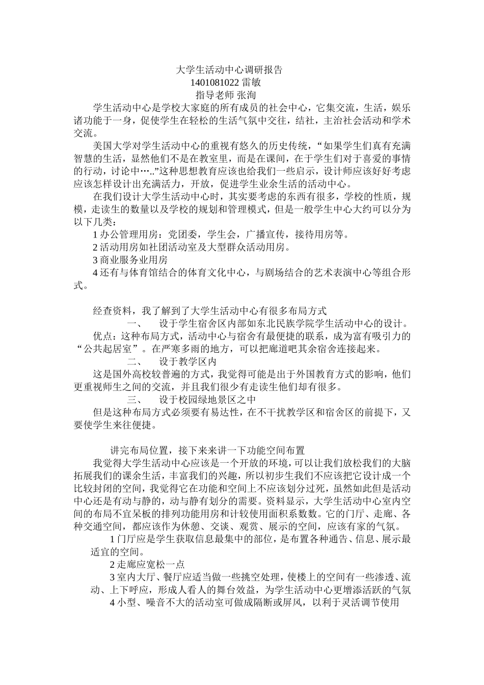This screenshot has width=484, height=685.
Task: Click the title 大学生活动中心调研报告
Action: pos(229,69)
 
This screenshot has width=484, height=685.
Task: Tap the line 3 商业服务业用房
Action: pos(130,260)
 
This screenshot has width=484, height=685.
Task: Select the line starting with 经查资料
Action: pos(209,310)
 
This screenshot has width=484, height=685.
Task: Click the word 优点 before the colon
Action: pos(102,336)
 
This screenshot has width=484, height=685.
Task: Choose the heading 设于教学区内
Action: pos(188,361)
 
